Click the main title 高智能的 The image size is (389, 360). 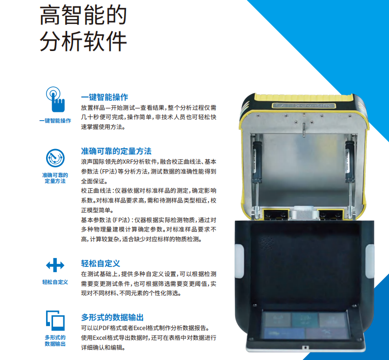[83, 15]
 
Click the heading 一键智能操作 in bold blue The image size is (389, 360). [104, 97]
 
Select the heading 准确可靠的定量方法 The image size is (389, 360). [116, 151]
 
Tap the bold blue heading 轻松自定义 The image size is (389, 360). [101, 263]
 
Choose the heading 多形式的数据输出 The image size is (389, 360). [112, 317]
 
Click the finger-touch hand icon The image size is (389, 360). [55, 100]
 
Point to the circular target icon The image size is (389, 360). [55, 158]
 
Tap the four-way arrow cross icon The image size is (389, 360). [55, 265]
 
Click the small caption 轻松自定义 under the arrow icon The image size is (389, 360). [55, 282]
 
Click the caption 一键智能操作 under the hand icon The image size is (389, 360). [55, 121]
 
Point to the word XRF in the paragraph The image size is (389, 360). [128, 162]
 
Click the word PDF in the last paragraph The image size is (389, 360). [104, 328]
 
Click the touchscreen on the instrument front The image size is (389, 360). [306, 325]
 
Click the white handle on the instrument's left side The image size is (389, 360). [239, 261]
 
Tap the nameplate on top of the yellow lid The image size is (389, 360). [304, 105]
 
